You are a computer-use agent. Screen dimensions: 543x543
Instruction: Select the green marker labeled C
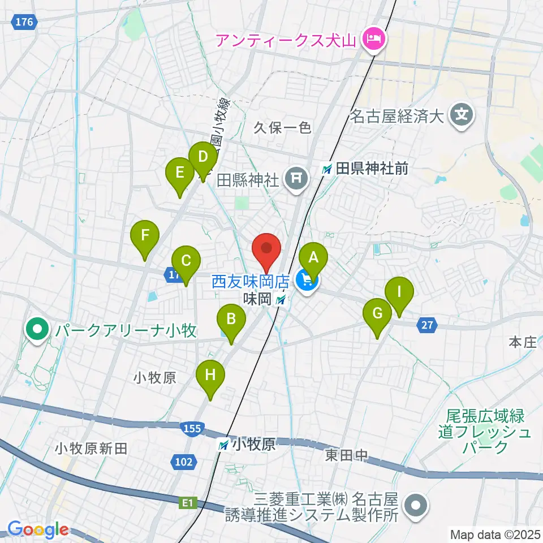[x=186, y=261]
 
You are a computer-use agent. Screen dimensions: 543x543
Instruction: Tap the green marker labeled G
[x=378, y=313]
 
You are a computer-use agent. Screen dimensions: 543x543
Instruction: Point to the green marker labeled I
[x=399, y=292]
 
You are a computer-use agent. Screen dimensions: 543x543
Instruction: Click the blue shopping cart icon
[x=308, y=279]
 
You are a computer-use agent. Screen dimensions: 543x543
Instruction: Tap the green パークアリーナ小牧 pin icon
[x=37, y=329]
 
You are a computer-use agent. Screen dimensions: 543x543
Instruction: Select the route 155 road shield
[x=192, y=429]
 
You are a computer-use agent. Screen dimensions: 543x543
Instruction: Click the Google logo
[x=38, y=530]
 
